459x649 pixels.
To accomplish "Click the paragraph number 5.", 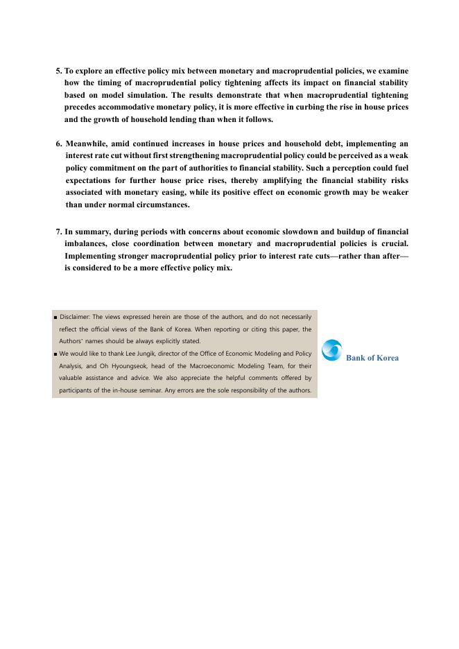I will pyautogui.click(x=58, y=71).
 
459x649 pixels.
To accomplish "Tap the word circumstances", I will pyautogui.click(x=160, y=205).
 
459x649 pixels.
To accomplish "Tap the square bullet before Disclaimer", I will pyautogui.click(x=55, y=317).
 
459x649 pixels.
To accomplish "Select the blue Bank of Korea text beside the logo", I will pyautogui.click(x=372, y=358).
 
